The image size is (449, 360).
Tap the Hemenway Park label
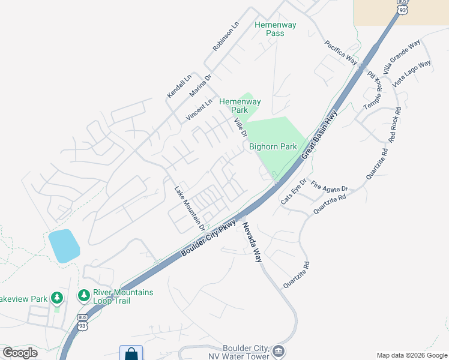click(x=240, y=106)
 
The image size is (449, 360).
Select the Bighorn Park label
click(x=273, y=146)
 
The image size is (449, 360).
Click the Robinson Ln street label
click(x=225, y=37)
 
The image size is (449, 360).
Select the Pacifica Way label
click(x=341, y=52)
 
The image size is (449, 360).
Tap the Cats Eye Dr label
click(x=294, y=191)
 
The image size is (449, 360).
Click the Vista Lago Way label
click(x=412, y=74)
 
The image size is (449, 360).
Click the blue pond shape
click(x=64, y=245)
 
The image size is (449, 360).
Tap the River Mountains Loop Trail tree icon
click(x=83, y=296)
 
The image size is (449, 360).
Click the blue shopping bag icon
click(x=131, y=354)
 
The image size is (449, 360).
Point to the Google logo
click(x=20, y=353)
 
